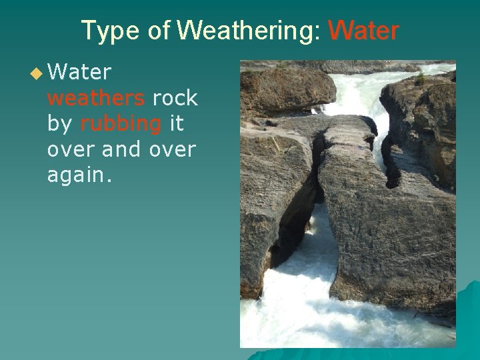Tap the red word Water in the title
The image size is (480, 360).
click(363, 31)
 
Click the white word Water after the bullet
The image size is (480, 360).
click(79, 72)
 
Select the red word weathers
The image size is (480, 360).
click(96, 98)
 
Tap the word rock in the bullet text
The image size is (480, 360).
click(175, 98)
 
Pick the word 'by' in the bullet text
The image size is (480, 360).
click(60, 124)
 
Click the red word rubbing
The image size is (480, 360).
click(121, 124)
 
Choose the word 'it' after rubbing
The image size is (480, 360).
click(177, 124)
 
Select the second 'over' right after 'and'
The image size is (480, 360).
click(173, 150)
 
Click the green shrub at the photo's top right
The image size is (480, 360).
click(420, 79)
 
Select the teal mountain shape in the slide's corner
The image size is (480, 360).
click(467, 320)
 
